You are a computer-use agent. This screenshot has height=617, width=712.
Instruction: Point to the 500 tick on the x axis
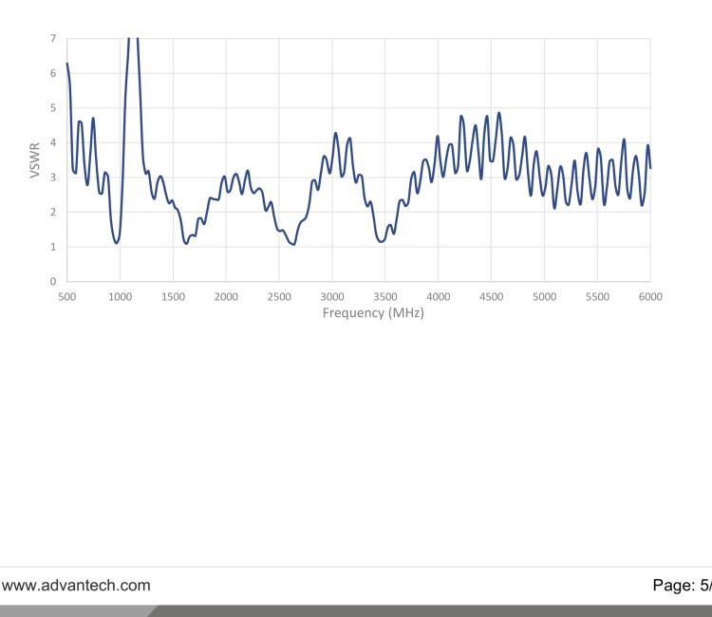coord(66,296)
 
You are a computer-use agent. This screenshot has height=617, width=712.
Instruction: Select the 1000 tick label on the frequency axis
coord(120,296)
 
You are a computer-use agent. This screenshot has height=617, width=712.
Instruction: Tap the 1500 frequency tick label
coord(173,296)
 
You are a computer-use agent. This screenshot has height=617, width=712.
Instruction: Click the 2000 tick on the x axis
coord(226,296)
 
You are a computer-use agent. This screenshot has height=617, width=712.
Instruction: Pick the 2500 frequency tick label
coord(279,296)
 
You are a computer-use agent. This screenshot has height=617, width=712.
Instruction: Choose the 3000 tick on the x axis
coord(332,296)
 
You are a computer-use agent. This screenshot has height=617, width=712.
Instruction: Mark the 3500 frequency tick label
coord(385,296)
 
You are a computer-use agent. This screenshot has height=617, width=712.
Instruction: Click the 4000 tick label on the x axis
coord(439,296)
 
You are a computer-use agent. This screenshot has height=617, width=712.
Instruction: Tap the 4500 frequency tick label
coord(492,296)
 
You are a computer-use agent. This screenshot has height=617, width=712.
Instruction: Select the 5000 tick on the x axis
coord(545,296)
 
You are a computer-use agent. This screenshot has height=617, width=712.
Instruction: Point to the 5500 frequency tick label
coord(598,296)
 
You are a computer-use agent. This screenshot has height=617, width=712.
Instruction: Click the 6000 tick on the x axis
coord(650,296)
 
